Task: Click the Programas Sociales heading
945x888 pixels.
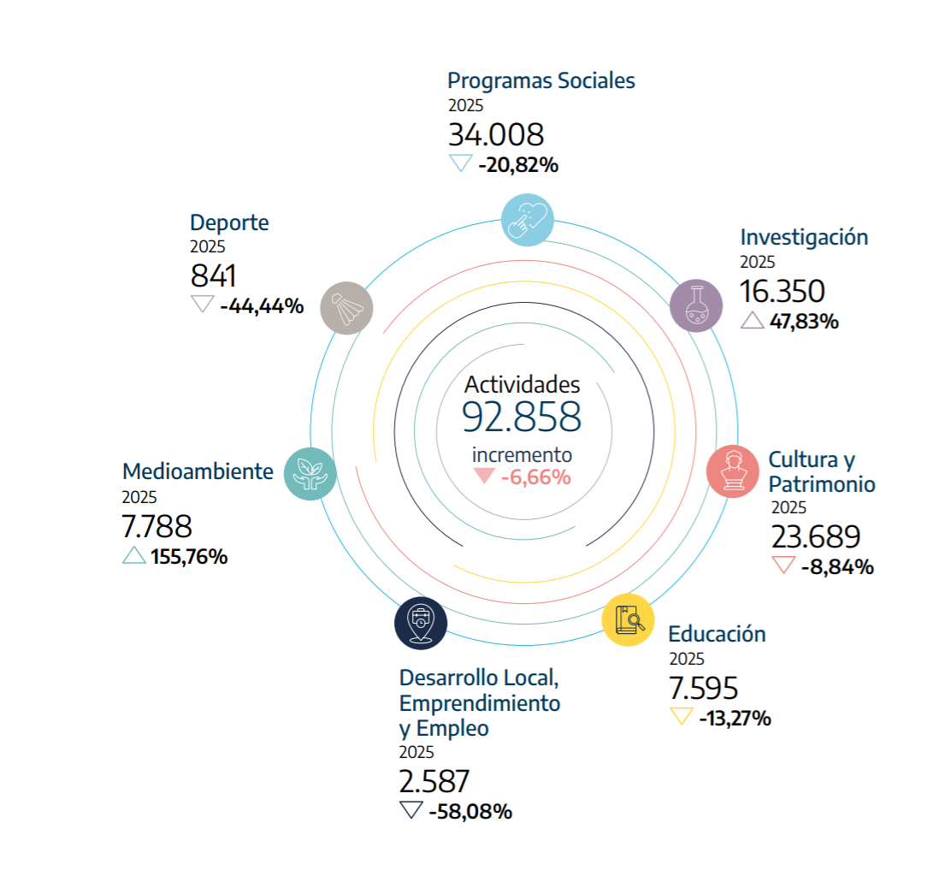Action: click(x=541, y=80)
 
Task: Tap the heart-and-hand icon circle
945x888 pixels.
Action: click(x=527, y=219)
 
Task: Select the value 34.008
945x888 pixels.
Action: click(x=496, y=135)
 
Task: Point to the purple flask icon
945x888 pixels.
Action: click(x=696, y=305)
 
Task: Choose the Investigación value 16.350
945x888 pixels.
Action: click(x=783, y=292)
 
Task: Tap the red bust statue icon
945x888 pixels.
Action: click(x=733, y=471)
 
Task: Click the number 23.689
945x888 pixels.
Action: click(x=815, y=537)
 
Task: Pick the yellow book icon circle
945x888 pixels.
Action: click(x=629, y=619)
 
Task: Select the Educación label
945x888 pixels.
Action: click(x=717, y=634)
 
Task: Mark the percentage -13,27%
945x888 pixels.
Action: click(x=735, y=718)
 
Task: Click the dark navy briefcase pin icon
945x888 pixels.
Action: click(x=421, y=623)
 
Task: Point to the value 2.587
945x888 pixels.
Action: click(x=434, y=782)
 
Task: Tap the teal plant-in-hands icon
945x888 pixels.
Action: click(x=310, y=473)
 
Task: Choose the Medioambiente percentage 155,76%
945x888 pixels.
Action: click(x=189, y=557)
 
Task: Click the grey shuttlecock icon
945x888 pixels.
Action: click(x=346, y=307)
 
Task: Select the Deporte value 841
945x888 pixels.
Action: click(x=213, y=276)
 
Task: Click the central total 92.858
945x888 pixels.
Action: click(x=522, y=417)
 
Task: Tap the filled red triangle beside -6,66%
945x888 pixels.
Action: click(x=485, y=477)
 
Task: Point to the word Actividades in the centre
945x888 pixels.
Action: click(x=522, y=384)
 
